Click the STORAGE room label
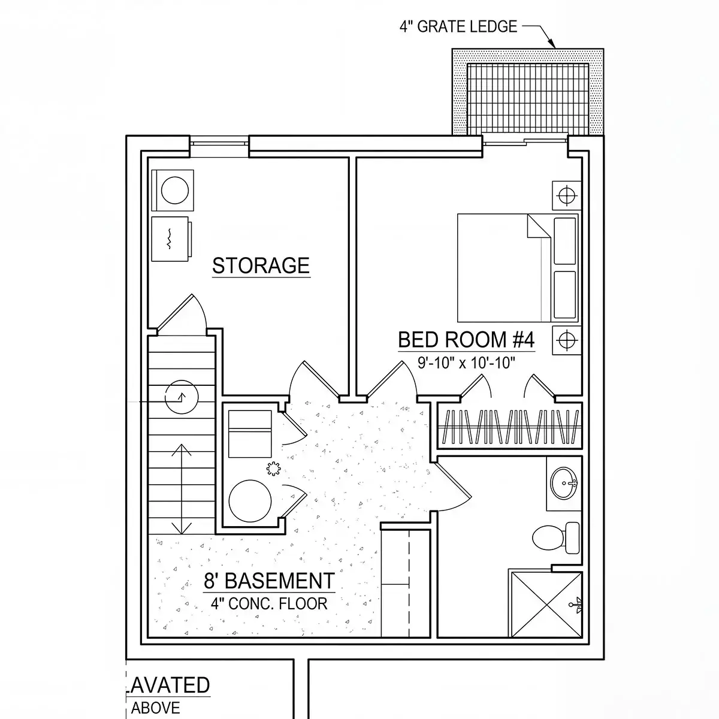261,265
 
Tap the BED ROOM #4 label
466,340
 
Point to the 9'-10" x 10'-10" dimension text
466,362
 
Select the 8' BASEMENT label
269,581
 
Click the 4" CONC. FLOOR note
269,603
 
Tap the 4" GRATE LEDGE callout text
458,26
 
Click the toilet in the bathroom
556,537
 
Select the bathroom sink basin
563,483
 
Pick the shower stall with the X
546,605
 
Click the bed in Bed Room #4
518,267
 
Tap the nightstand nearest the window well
567,195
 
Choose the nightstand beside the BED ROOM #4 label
567,340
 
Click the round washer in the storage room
174,191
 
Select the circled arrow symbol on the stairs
182,397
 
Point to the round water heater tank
250,501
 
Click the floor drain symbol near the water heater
273,469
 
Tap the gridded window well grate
528,99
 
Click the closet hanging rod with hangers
510,427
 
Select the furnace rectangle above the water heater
250,434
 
